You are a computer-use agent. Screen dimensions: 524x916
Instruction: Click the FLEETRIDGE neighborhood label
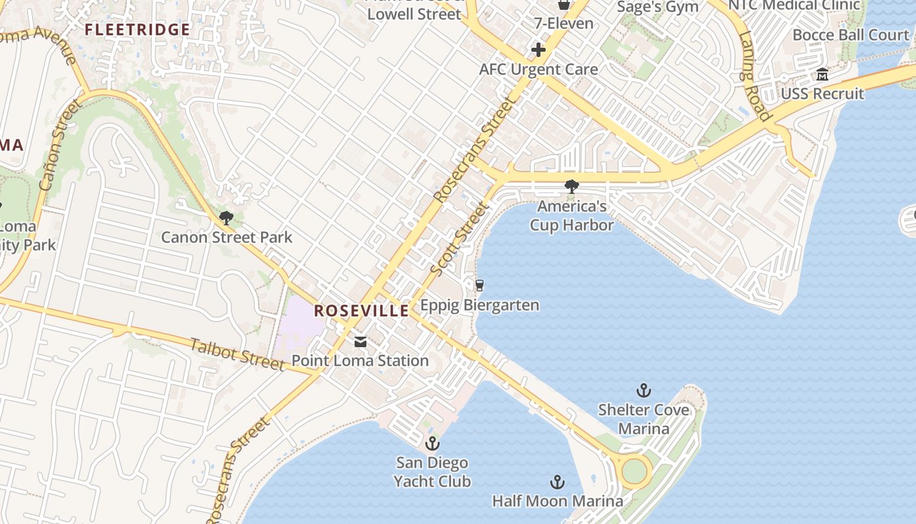tap(137, 29)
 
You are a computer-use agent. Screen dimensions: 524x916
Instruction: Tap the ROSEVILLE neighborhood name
tap(361, 310)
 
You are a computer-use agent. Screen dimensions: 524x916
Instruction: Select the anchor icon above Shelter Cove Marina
tap(644, 391)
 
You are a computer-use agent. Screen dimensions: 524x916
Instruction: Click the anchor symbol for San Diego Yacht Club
tap(432, 444)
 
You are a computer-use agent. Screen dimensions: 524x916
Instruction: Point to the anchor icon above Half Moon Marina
tap(557, 483)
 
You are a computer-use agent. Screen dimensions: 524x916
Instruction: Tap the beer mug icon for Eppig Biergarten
tap(480, 286)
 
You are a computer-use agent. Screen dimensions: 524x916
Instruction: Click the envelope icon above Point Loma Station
tap(360, 342)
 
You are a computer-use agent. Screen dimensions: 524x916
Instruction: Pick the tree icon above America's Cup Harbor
tap(572, 187)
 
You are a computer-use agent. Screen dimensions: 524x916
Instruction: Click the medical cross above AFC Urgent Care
tap(538, 50)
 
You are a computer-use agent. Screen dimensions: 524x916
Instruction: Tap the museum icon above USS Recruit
tap(822, 75)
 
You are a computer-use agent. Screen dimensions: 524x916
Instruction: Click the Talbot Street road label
tap(238, 354)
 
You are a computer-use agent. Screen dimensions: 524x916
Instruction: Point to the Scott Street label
tap(460, 238)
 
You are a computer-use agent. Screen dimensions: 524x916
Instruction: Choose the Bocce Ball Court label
tap(851, 35)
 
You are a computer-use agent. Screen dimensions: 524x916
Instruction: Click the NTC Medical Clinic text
tap(794, 5)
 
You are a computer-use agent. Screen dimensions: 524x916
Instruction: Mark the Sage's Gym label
tap(658, 7)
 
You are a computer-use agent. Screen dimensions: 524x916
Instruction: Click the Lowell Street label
tap(414, 14)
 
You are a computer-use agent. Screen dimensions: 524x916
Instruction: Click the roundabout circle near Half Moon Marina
tap(633, 470)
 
